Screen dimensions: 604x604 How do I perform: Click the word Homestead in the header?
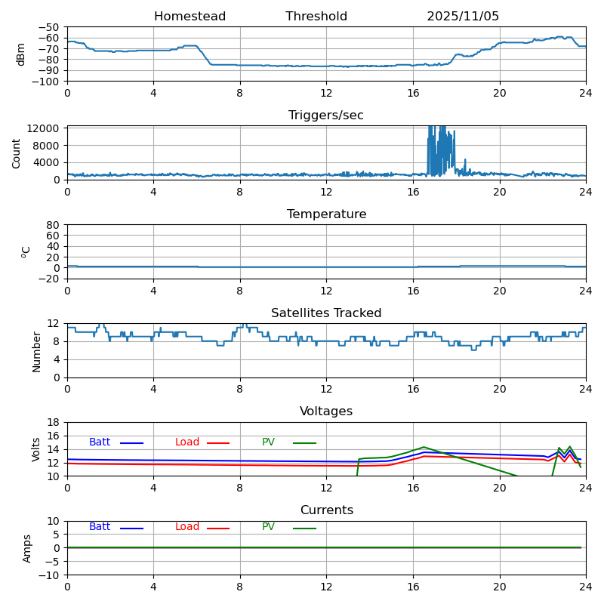click(x=190, y=17)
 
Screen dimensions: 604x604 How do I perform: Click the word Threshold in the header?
click(x=316, y=17)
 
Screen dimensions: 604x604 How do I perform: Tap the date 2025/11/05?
click(x=463, y=17)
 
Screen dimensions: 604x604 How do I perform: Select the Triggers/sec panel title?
click(x=326, y=116)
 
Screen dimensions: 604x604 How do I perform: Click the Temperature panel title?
click(x=326, y=214)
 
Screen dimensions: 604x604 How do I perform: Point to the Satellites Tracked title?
click(x=326, y=313)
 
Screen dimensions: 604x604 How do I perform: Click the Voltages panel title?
click(x=326, y=411)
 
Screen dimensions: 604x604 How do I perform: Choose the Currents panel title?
click(x=326, y=510)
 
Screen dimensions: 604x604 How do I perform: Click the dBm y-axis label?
click(x=21, y=54)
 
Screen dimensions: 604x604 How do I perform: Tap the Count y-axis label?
click(x=17, y=153)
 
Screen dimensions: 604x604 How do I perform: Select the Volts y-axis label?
click(x=36, y=449)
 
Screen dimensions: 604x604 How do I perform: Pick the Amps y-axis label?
click(x=27, y=548)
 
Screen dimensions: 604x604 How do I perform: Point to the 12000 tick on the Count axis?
click(x=46, y=128)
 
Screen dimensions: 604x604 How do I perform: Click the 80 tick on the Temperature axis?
click(x=54, y=225)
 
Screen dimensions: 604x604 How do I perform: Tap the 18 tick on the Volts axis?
click(x=54, y=422)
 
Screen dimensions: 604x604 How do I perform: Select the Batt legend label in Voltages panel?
click(x=100, y=442)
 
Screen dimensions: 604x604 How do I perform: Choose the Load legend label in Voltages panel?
click(x=187, y=442)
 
